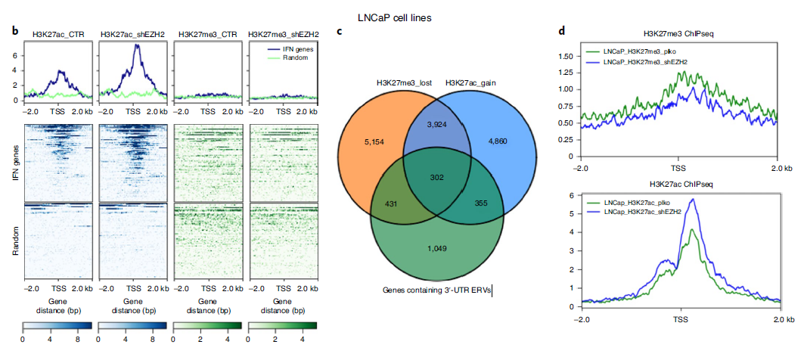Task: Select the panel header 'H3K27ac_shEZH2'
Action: pyautogui.click(x=132, y=34)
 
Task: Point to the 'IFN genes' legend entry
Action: pyautogui.click(x=291, y=49)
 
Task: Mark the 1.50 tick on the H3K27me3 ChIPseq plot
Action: pyautogui.click(x=567, y=56)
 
